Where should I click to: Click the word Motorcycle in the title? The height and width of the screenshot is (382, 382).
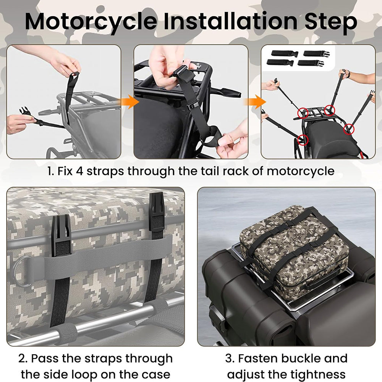pyautogui.click(x=91, y=22)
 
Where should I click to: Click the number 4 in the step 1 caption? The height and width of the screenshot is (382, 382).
pyautogui.click(x=80, y=171)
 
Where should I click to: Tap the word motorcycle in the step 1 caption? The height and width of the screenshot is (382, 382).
pyautogui.click(x=300, y=171)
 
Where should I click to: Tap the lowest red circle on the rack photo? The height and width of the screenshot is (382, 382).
pyautogui.click(x=303, y=139)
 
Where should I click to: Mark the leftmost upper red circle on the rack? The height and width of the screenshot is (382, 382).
pyautogui.click(x=303, y=113)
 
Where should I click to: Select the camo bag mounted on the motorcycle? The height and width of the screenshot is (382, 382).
pyautogui.click(x=294, y=247)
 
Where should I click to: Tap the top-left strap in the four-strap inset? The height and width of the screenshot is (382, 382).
pyautogui.click(x=285, y=53)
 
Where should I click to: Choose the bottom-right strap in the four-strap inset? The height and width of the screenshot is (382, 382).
pyautogui.click(x=310, y=63)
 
